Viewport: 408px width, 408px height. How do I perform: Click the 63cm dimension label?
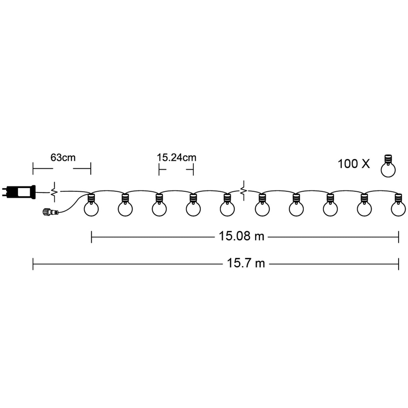63,157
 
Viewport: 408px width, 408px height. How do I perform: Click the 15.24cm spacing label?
176,157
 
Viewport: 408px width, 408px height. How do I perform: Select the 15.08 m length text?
241,236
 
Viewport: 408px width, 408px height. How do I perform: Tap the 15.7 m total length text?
246,263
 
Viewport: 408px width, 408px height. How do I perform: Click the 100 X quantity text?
354,164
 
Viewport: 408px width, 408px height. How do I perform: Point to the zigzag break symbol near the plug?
53,192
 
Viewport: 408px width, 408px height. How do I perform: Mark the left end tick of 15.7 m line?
33,263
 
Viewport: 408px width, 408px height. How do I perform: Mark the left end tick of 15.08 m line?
92,237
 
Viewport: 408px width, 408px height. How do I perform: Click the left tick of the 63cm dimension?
33,168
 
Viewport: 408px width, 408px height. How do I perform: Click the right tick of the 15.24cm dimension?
193,170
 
